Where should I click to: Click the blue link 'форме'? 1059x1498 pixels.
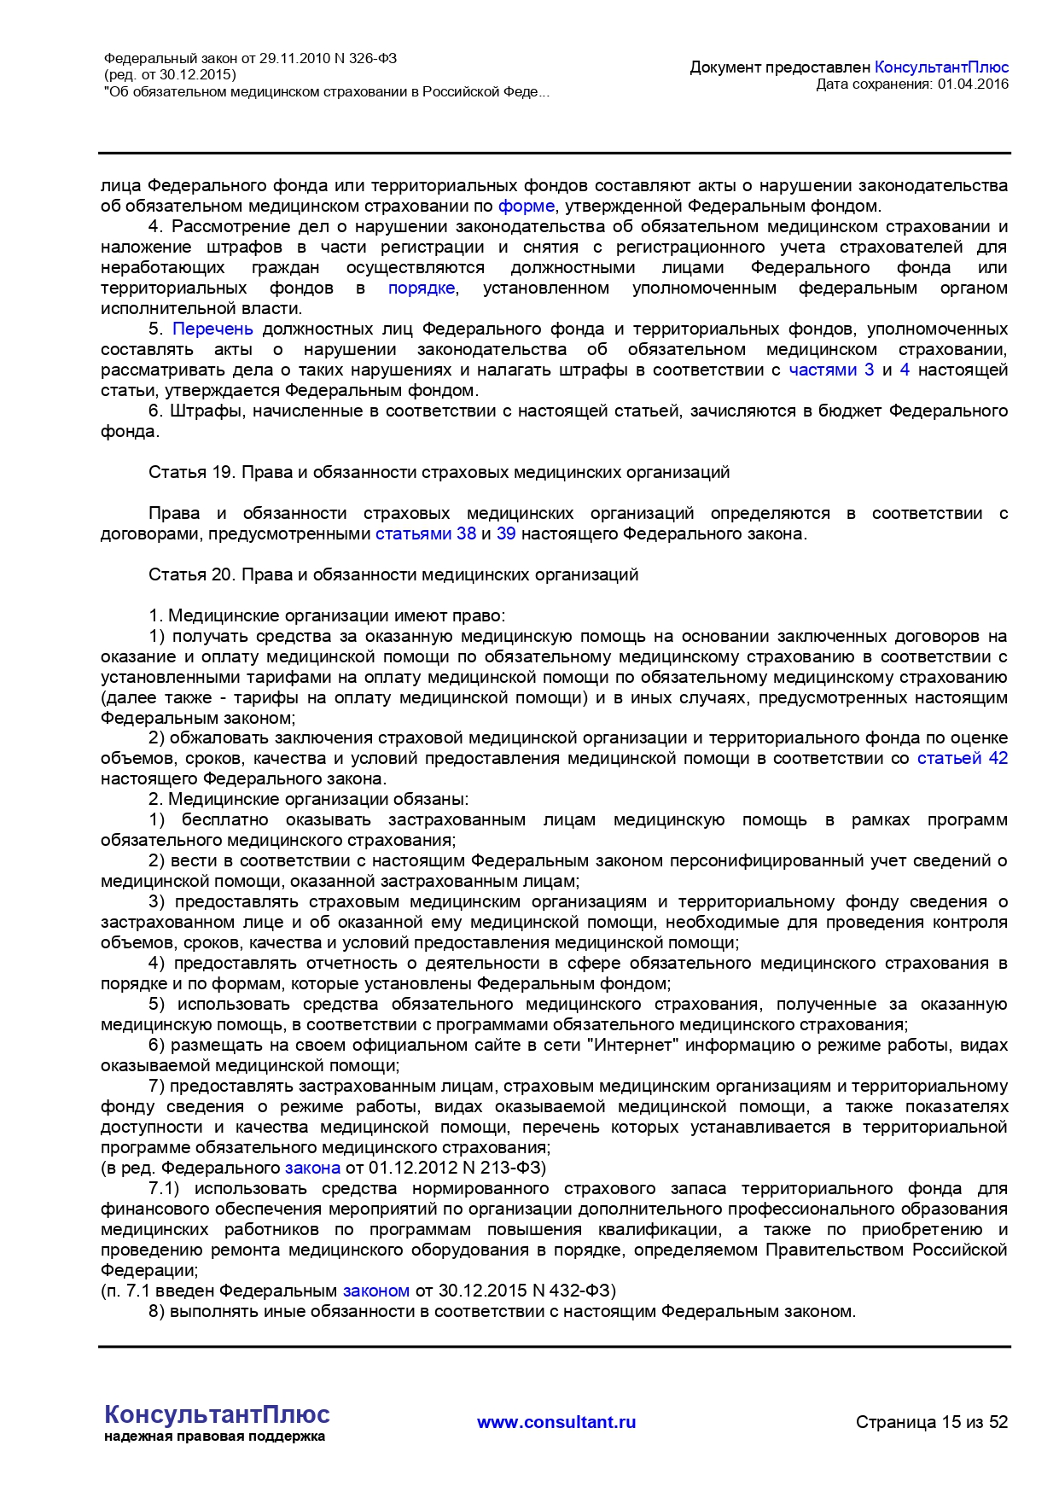pyautogui.click(x=526, y=206)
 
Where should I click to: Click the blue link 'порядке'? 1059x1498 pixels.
pyautogui.click(x=422, y=288)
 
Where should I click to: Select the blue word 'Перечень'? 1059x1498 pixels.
pyautogui.click(x=212, y=329)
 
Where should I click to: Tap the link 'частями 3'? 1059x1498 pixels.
pyautogui.click(x=830, y=370)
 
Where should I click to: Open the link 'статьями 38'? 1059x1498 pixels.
pyautogui.click(x=425, y=533)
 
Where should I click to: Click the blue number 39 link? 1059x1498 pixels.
pyautogui.click(x=506, y=533)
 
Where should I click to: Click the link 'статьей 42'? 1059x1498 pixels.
pyautogui.click(x=962, y=758)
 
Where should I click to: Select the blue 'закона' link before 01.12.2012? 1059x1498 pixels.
pyautogui.click(x=312, y=1167)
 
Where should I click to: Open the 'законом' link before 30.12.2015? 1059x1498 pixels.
pyautogui.click(x=376, y=1290)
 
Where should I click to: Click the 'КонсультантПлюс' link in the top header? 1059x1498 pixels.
pyautogui.click(x=941, y=67)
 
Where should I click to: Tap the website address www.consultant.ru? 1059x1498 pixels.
pyautogui.click(x=556, y=1422)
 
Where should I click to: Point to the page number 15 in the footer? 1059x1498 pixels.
pyautogui.click(x=951, y=1422)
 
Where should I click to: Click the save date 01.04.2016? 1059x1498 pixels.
pyautogui.click(x=973, y=84)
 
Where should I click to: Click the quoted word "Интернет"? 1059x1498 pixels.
pyautogui.click(x=634, y=1045)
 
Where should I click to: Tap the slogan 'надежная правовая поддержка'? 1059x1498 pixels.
pyautogui.click(x=214, y=1437)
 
